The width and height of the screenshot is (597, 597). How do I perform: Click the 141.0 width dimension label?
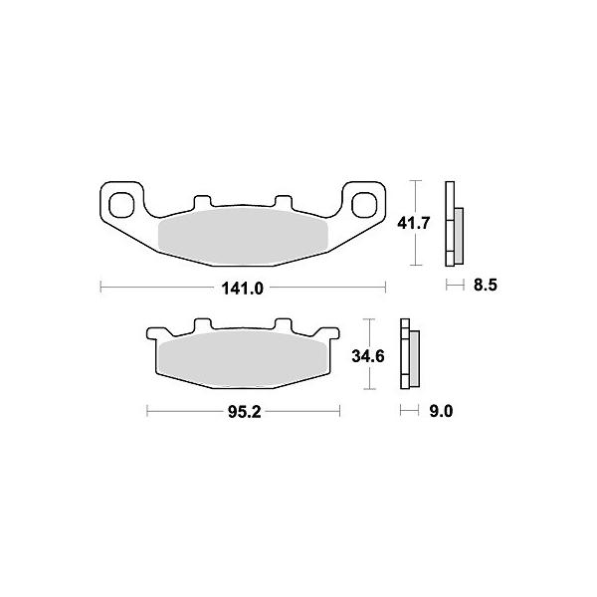click(x=242, y=289)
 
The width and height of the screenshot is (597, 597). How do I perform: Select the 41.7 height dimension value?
click(x=414, y=223)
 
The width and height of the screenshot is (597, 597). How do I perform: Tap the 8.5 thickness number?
click(x=486, y=285)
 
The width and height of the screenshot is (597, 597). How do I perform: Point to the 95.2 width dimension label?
click(x=245, y=412)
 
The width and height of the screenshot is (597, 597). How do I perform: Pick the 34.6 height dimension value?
click(x=368, y=356)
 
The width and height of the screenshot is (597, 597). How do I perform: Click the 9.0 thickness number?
click(x=441, y=411)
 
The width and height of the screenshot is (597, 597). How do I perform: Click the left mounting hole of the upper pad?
click(x=121, y=205)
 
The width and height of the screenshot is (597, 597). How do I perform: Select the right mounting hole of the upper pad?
click(x=364, y=205)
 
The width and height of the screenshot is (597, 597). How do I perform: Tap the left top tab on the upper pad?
click(x=202, y=202)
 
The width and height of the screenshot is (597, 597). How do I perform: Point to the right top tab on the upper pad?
click(x=284, y=202)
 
